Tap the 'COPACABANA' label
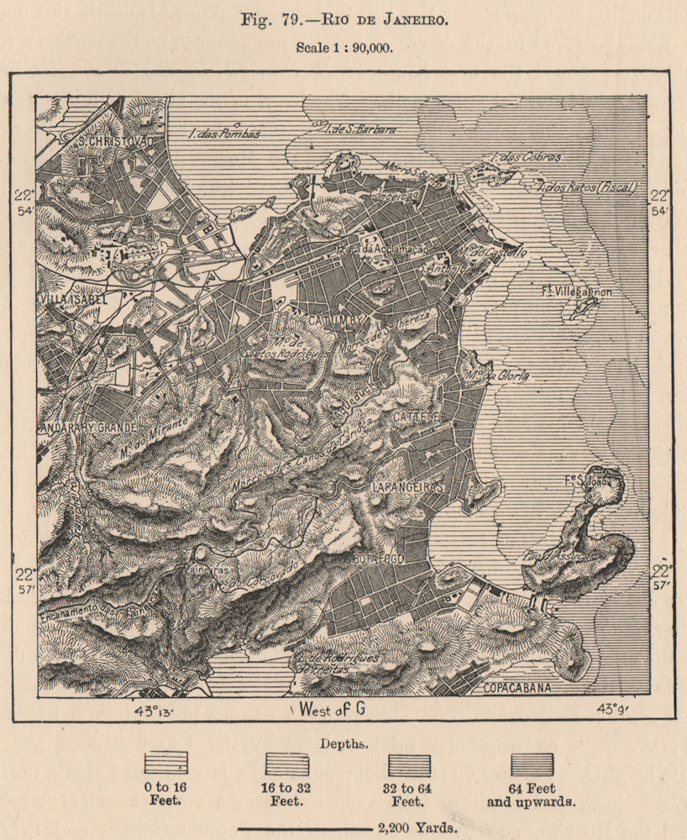pos(517,688)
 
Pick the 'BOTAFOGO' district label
pos(380,558)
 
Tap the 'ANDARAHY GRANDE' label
pos(87,428)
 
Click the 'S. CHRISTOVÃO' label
pos(115,141)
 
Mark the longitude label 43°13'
pos(153,711)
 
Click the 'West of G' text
pos(331,711)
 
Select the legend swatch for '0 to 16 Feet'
pos(165,763)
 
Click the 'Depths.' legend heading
pos(343,743)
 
